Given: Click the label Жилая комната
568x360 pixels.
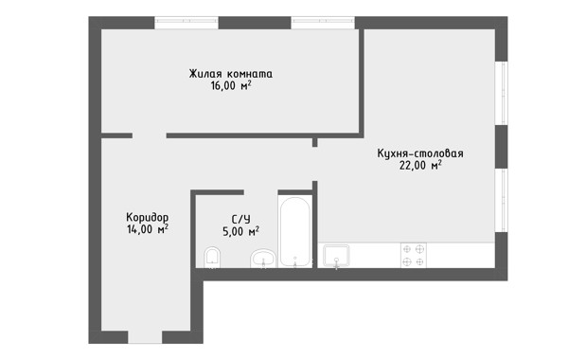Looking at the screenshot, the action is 230,74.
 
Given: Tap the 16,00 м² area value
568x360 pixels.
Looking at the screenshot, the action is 231,86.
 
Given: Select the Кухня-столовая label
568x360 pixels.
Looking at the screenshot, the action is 420,153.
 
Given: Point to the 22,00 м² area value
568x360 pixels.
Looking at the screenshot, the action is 420,166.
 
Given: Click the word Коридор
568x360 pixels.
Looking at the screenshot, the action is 147,217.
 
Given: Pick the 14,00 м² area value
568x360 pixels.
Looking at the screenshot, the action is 147,229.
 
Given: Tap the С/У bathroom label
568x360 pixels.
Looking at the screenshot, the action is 240,219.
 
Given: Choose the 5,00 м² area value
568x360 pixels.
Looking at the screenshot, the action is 240,231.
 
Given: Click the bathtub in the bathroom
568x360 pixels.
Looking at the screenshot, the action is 294,232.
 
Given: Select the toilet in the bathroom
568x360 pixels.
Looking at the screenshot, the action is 212,258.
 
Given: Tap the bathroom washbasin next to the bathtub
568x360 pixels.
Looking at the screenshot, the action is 263,259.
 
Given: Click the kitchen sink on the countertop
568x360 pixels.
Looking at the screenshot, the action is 336,256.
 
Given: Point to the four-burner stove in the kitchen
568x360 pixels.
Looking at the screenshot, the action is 414,255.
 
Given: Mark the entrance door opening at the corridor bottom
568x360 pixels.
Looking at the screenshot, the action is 145,337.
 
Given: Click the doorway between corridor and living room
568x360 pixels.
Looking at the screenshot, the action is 150,135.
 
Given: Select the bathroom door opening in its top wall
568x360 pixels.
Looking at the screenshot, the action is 261,192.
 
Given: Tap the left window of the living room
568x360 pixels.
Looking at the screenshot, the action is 186,23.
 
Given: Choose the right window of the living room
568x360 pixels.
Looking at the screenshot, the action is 323,23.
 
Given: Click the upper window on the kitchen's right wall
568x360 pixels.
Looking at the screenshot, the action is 502,93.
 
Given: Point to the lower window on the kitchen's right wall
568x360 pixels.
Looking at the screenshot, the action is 502,200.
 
